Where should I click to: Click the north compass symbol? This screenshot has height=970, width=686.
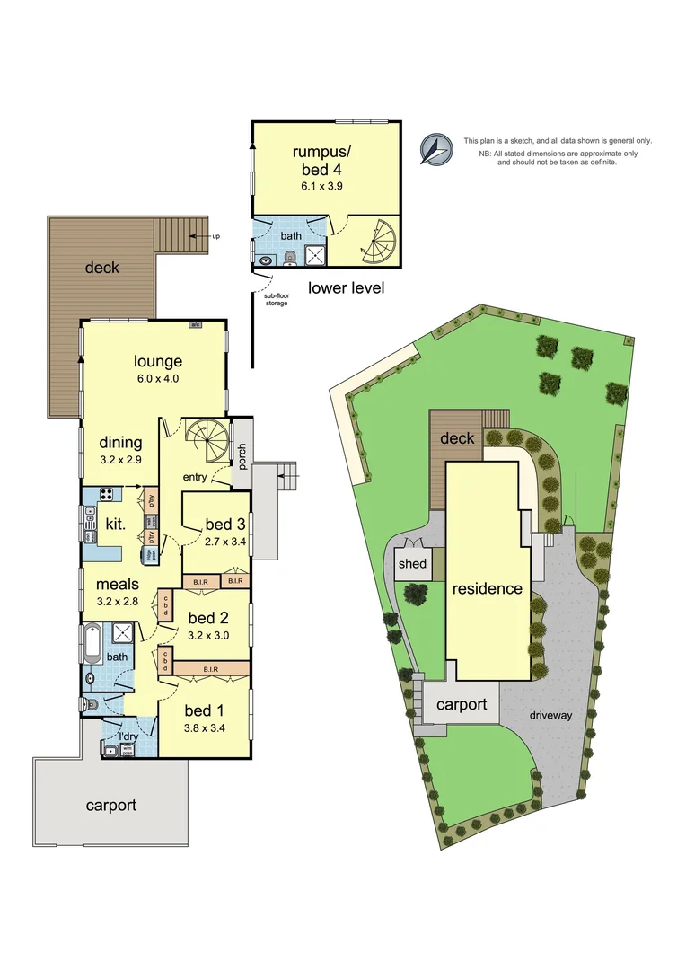(x=436, y=149)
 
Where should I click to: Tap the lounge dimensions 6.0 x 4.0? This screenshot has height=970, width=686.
(x=158, y=378)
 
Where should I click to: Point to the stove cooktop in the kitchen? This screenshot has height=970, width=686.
(x=105, y=493)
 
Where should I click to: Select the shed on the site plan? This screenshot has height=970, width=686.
(x=413, y=565)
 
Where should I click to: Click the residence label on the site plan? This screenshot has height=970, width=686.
(x=488, y=589)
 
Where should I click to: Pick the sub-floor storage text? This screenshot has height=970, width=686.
(x=276, y=300)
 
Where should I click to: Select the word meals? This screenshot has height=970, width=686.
(x=119, y=585)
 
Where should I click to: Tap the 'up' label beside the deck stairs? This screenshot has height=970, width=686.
(x=215, y=236)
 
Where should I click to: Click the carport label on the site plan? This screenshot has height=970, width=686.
(x=462, y=704)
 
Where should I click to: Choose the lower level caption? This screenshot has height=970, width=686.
(x=346, y=288)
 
